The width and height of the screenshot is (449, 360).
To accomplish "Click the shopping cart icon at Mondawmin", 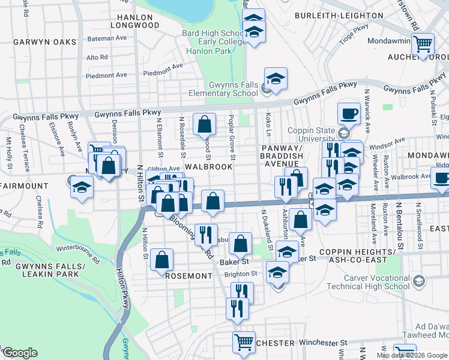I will (x=423, y=43).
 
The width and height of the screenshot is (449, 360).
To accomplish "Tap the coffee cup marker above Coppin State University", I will (x=348, y=113).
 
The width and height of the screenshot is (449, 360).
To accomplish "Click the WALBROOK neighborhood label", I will (x=208, y=166).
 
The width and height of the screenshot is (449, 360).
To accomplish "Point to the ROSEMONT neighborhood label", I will (x=189, y=276).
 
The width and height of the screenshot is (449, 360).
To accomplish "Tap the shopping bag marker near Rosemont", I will (x=162, y=260).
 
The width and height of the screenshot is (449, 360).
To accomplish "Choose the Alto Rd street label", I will (x=97, y=58).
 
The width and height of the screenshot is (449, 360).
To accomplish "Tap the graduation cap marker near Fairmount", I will (x=82, y=187).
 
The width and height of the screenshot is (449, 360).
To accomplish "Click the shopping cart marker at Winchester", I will (x=244, y=342).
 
